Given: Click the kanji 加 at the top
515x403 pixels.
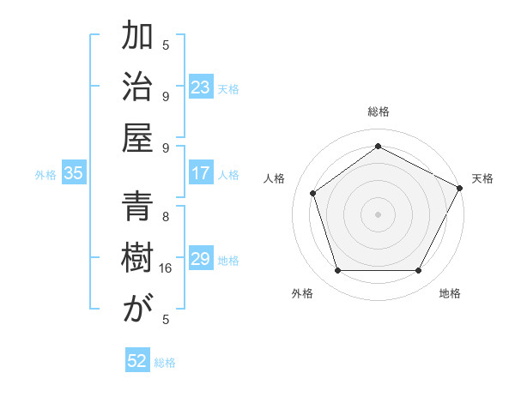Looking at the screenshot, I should point(137,39).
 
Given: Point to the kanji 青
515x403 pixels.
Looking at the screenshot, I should point(137,208).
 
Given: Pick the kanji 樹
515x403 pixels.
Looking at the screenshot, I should point(137,260).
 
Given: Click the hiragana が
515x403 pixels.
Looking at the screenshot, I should point(137,310).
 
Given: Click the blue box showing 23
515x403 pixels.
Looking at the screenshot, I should point(200,87).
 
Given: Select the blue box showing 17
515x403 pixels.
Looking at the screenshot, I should point(200,173).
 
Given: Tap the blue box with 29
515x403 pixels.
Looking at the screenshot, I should point(200,259).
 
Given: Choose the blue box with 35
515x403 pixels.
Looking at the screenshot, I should point(74,173).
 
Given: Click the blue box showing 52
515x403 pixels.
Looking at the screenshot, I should point(136,361).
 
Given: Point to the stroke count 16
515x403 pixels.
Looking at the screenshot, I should point(166,268).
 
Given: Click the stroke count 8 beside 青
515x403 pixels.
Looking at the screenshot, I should point(166,217).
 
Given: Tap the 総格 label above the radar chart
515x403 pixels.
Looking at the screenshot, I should point(378,111).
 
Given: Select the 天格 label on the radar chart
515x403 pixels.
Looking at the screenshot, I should point(482,178).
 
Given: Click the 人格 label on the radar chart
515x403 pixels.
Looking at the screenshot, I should point(275,178).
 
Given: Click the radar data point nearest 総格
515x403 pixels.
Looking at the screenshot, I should point(378,147).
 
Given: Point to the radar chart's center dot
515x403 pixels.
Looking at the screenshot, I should point(378,214).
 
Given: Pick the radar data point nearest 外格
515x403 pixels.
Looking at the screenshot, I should point(337,270).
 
